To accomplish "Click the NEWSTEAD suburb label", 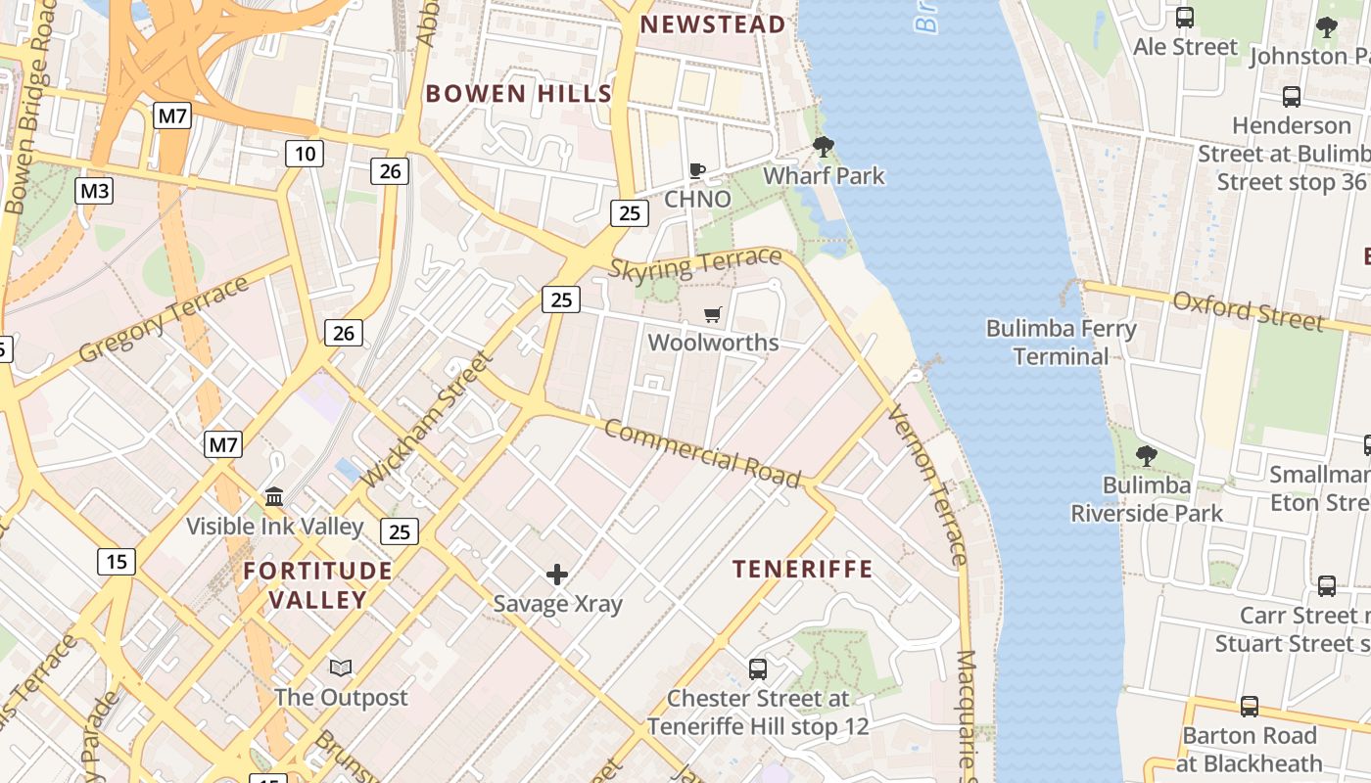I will click(713, 24).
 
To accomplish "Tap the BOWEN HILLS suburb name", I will click(519, 94).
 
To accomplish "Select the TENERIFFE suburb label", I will click(802, 569).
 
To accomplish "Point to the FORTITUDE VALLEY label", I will click(317, 584).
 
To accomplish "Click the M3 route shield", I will click(94, 191).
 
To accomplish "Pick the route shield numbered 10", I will click(305, 153).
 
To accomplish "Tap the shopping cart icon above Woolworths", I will click(713, 314).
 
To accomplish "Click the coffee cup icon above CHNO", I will click(697, 170).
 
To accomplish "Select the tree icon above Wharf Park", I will click(824, 148).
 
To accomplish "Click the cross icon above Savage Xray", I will click(557, 575).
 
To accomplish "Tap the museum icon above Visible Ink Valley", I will click(274, 497).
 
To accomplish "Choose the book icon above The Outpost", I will click(341, 668).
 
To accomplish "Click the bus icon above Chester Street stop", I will click(758, 669).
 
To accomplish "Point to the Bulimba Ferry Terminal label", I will click(1061, 343).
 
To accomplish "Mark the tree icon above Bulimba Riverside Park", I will click(1146, 456).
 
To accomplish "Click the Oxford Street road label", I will click(1248, 310).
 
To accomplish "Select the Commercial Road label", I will click(701, 453).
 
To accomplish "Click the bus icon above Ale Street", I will click(1185, 18).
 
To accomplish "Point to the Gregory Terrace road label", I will click(164, 319).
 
